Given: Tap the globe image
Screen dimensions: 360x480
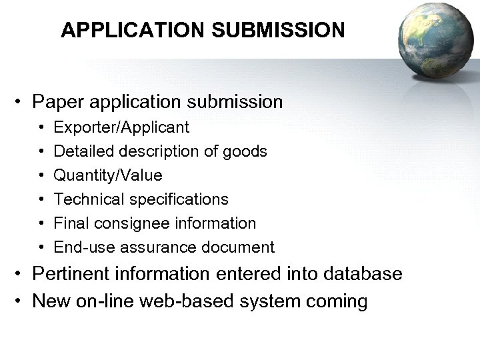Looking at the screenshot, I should point(433,39).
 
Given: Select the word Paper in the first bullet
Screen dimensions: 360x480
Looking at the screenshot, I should point(57,103).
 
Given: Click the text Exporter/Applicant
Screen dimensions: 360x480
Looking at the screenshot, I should point(121,127).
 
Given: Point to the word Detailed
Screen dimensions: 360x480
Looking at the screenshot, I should point(82,151).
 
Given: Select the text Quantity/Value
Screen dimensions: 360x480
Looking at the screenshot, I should point(108,175).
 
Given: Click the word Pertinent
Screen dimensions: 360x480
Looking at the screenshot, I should point(65,274).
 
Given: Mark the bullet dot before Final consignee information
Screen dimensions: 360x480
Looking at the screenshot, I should point(41,223).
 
